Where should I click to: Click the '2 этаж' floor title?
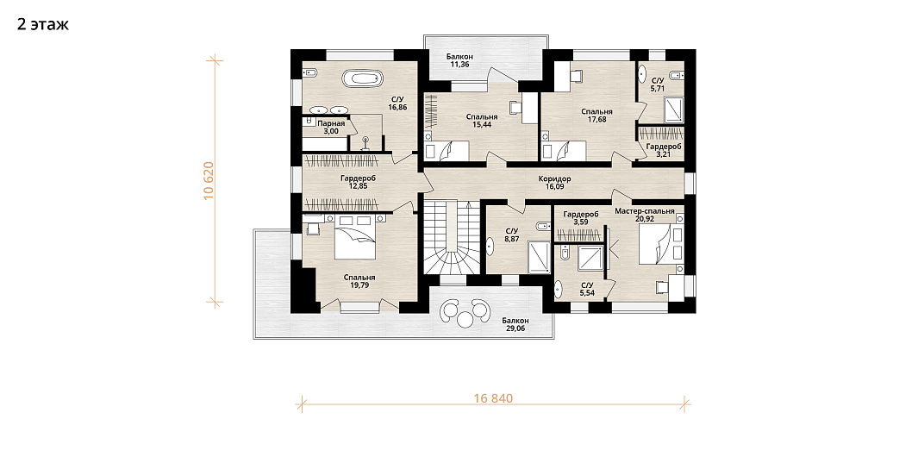(43, 24)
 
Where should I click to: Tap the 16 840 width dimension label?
(493, 399)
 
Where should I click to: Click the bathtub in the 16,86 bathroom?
(362, 78)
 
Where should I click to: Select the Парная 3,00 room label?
(331, 128)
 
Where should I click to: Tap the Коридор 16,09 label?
(554, 184)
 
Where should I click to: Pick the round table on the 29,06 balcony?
(465, 320)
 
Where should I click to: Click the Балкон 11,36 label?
(459, 60)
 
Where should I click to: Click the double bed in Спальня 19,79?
(355, 237)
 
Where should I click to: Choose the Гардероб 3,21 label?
(664, 151)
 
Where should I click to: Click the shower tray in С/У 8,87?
(539, 256)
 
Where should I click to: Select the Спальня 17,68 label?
(596, 116)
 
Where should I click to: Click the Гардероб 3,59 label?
(581, 218)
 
